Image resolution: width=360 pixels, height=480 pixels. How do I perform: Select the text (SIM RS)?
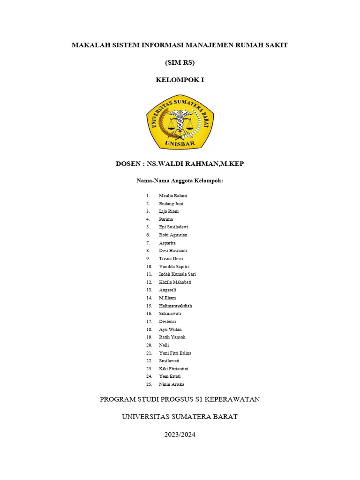(x=180, y=62)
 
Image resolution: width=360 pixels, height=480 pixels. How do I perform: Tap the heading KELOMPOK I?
(x=180, y=80)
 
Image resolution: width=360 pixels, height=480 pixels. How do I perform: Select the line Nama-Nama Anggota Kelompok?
(x=180, y=180)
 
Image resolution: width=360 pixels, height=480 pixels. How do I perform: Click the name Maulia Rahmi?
(x=173, y=195)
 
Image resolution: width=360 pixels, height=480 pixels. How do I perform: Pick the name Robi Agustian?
(x=173, y=235)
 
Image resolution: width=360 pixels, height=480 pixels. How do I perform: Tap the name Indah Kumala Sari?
(x=177, y=274)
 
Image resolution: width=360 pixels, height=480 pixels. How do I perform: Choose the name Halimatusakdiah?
(x=175, y=306)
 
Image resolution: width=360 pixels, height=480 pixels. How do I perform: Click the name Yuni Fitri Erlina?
(x=175, y=353)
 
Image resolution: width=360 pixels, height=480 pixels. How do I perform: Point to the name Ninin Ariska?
(x=172, y=384)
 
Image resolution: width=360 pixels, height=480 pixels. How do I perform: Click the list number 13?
(x=149, y=290)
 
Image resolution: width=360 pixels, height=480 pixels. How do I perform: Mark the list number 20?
(x=149, y=345)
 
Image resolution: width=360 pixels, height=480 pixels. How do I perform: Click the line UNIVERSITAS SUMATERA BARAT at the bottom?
(x=180, y=417)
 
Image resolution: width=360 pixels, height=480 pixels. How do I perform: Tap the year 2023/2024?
(x=180, y=435)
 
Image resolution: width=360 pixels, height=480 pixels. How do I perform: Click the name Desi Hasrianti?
(x=173, y=251)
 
